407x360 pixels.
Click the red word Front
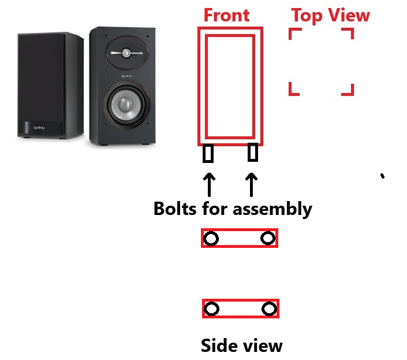(226, 15)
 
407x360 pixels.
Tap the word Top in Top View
(307, 16)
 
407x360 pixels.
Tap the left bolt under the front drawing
(208, 154)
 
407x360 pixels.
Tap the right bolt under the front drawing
(252, 152)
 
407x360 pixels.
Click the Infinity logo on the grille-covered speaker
(40, 128)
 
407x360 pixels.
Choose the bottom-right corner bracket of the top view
(348, 90)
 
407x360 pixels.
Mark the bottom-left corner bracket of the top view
(293, 90)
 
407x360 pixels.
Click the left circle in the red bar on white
(211, 239)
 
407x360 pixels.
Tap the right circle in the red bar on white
(267, 238)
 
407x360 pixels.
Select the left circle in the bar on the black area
(212, 309)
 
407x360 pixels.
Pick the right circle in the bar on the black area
(269, 309)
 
